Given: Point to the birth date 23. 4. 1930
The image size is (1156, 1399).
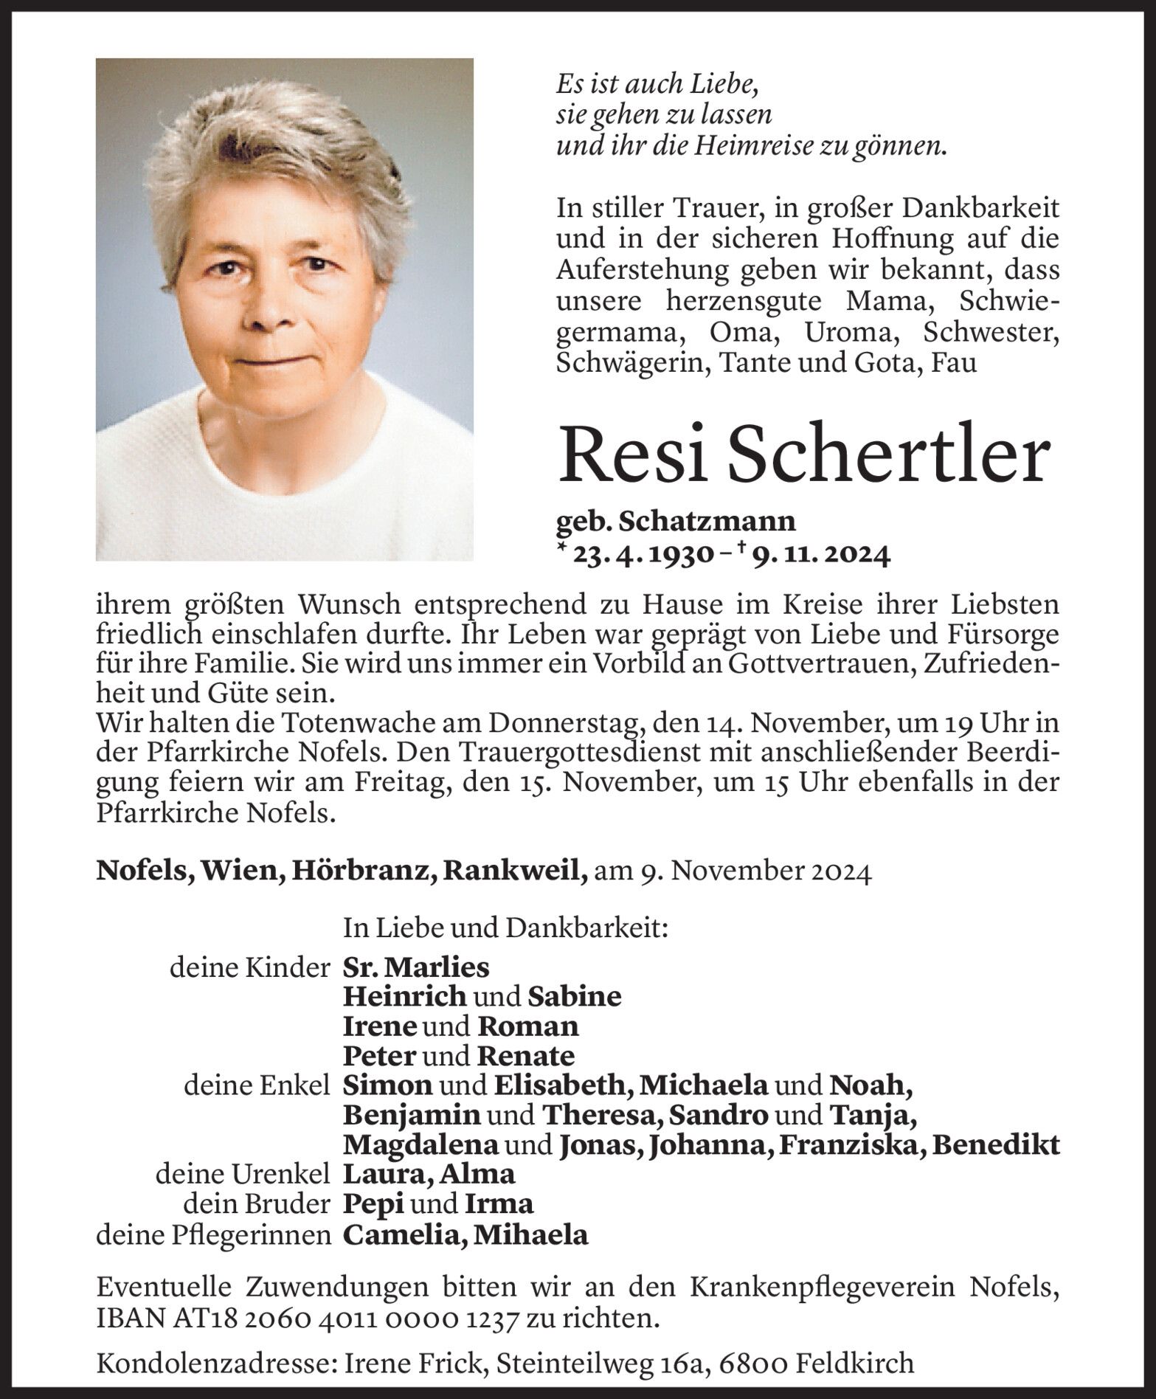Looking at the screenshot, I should (640, 553).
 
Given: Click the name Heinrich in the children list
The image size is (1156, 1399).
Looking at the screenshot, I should (404, 997).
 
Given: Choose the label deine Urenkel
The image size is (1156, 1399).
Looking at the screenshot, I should (242, 1174).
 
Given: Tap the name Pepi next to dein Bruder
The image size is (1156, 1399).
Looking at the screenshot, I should (373, 1204).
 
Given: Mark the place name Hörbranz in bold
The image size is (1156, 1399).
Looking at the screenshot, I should (357, 872).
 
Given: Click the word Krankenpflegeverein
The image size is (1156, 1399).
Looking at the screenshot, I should (819, 1288).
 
